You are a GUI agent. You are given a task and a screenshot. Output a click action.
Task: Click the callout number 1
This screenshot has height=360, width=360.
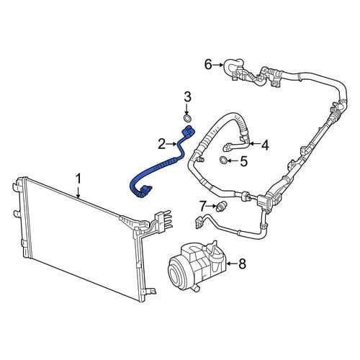pos(78,179)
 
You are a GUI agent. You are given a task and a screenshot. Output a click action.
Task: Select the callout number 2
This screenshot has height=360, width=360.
pos(162,144)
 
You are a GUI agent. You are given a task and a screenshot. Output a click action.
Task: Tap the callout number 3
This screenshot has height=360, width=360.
pos(187,97)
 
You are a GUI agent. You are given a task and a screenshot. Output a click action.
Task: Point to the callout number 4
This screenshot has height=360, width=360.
pos(265,145)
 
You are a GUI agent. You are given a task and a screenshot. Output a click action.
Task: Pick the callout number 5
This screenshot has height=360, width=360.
pos(244,161)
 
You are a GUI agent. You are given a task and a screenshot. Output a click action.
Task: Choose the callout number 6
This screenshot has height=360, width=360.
pos(208,65)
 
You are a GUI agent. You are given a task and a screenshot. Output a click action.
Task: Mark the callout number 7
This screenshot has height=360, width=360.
pos(203,206)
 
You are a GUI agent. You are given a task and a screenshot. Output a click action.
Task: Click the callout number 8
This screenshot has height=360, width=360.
pos(242,264)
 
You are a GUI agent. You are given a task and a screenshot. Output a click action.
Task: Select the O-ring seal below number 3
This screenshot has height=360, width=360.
pos(187,118)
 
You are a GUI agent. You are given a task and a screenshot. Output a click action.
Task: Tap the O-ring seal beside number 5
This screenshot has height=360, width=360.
pos(224,161)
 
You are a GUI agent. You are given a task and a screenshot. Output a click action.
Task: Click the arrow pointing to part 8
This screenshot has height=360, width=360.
pos(232,264)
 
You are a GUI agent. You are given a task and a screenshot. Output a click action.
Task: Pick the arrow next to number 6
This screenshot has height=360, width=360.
pos(218,65)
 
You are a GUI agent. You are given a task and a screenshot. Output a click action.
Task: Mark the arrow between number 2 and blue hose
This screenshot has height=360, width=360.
pos(172,144)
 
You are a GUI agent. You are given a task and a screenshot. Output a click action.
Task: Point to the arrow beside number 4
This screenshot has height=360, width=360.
pos(254,144)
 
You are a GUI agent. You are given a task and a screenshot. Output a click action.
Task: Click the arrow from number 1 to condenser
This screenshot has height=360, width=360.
pos(78,192)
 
